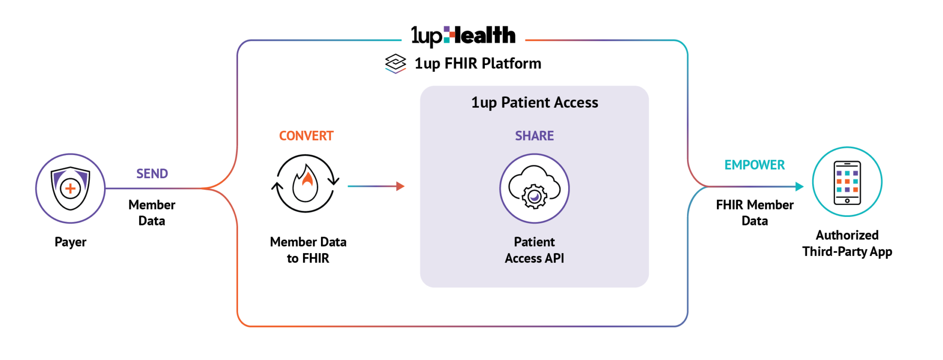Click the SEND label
tap(152, 174)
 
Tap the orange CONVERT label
tap(306, 136)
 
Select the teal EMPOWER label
tap(755, 165)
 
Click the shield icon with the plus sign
tap(70, 188)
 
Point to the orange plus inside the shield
tap(70, 188)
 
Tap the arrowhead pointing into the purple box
tap(401, 186)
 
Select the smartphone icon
tap(847, 182)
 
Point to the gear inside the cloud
tap(534, 197)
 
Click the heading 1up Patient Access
tap(534, 102)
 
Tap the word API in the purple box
tap(554, 258)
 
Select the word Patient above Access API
tap(534, 242)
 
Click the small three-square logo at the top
tap(449, 35)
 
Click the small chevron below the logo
tap(396, 71)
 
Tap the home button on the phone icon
tap(847, 201)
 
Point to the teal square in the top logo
tap(447, 40)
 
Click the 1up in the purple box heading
tap(483, 103)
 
